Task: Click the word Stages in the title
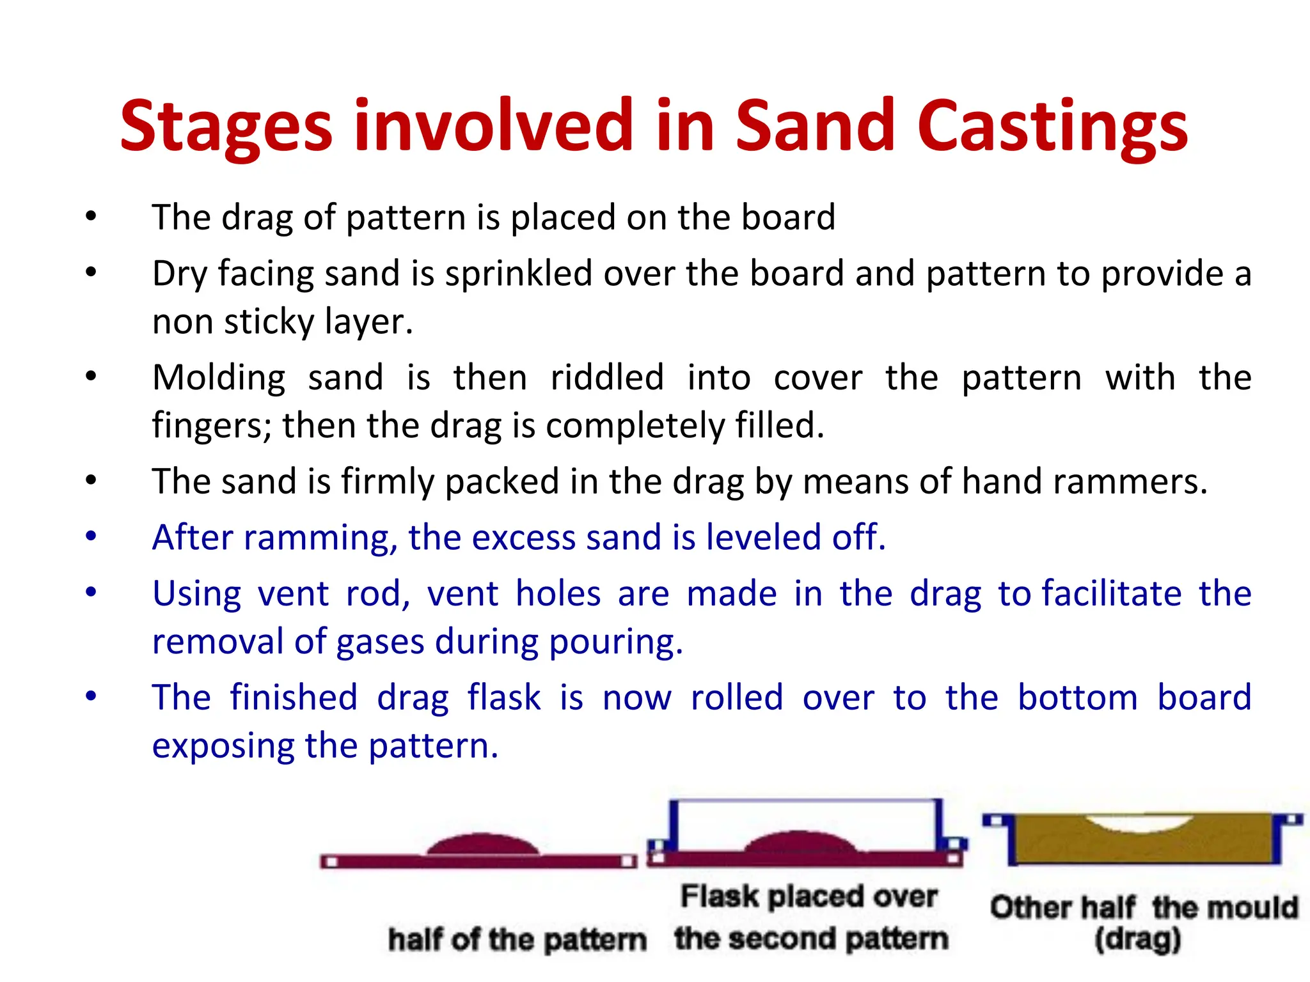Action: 226,127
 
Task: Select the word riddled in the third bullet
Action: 607,377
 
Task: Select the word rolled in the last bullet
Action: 737,698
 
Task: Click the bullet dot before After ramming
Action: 91,536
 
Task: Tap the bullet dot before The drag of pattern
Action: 91,216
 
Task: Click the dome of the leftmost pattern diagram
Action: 481,844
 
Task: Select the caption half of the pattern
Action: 517,940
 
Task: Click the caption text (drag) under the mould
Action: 1137,939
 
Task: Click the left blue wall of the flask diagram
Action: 674,825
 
